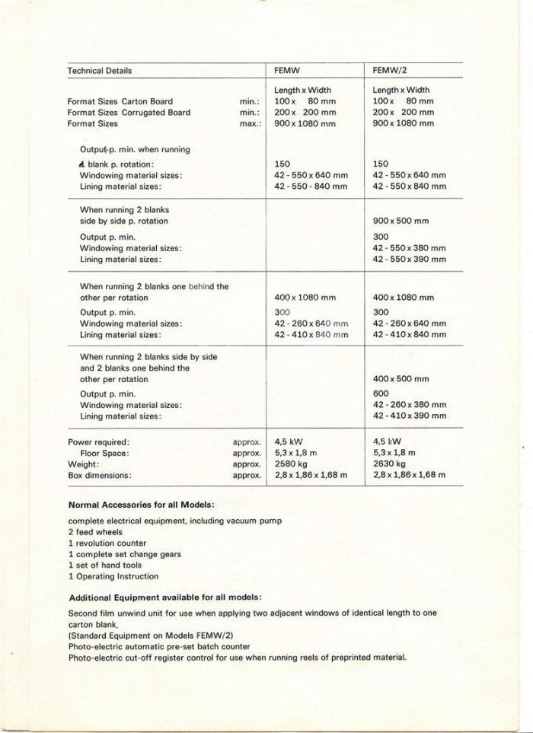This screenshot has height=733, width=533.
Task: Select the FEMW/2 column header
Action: tap(391, 71)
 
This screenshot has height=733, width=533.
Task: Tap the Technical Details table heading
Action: tap(100, 71)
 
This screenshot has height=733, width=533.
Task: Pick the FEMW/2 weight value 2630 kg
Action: tap(389, 464)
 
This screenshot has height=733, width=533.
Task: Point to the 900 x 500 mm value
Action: tap(401, 221)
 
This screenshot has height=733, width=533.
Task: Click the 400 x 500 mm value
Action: tap(401, 378)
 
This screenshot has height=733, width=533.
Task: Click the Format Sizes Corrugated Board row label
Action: tap(129, 113)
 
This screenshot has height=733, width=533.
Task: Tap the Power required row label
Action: tap(99, 441)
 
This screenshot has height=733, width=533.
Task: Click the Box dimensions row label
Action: tap(100, 475)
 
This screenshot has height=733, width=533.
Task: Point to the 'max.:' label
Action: tap(250, 123)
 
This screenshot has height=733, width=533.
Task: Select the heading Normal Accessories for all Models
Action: tap(141, 505)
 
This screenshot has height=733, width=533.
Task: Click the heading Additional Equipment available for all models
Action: tap(165, 597)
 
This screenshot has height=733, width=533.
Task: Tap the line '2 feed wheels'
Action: tap(95, 532)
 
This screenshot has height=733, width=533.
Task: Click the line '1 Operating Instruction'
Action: tap(113, 576)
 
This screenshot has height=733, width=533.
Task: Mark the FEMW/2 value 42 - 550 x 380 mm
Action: tap(410, 248)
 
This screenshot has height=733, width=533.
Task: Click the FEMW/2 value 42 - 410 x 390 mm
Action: tap(410, 416)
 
